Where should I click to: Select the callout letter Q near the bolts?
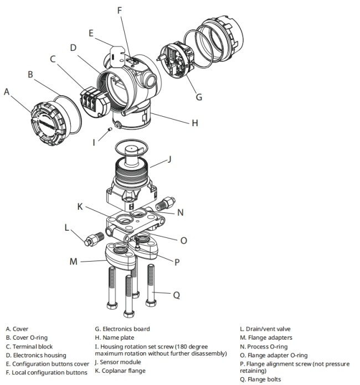(177, 295)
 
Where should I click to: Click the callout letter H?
(194, 123)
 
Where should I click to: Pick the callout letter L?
(67, 227)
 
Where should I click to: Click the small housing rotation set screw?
(111, 129)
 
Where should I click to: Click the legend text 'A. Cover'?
(17, 330)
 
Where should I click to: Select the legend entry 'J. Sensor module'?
(118, 362)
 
